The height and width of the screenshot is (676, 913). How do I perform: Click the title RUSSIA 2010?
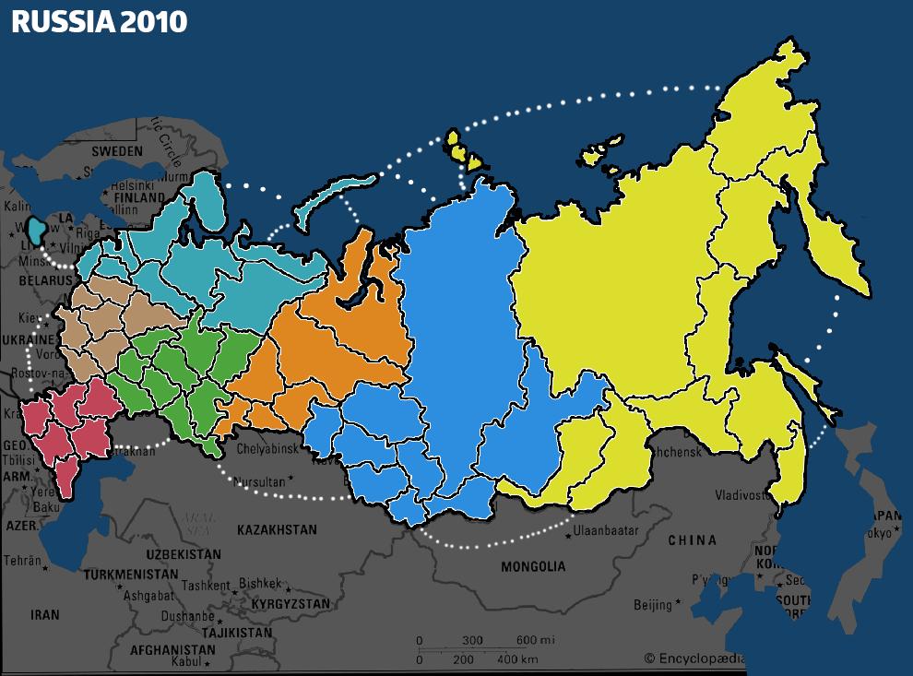pyautogui.click(x=99, y=22)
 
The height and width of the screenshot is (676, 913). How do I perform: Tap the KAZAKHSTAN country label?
pyautogui.click(x=277, y=530)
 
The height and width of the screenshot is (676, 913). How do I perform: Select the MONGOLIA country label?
pyautogui.click(x=532, y=566)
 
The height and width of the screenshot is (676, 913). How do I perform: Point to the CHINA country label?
pyautogui.click(x=692, y=540)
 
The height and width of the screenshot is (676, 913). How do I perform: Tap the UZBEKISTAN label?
pyautogui.click(x=184, y=554)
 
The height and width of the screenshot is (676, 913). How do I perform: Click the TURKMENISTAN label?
pyautogui.click(x=128, y=575)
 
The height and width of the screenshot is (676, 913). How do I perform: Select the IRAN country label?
pyautogui.click(x=44, y=615)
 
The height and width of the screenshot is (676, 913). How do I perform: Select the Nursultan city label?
pyautogui.click(x=259, y=481)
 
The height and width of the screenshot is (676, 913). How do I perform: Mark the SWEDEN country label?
pyautogui.click(x=117, y=151)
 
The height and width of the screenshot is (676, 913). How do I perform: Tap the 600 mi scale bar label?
pyautogui.click(x=534, y=640)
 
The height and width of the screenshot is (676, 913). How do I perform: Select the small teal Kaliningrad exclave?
pyautogui.click(x=37, y=230)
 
